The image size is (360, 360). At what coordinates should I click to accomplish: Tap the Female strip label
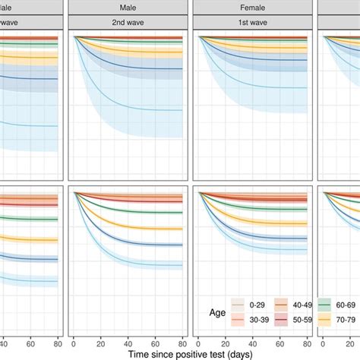coord(251,7)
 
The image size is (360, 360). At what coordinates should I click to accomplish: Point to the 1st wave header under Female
coord(251,23)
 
